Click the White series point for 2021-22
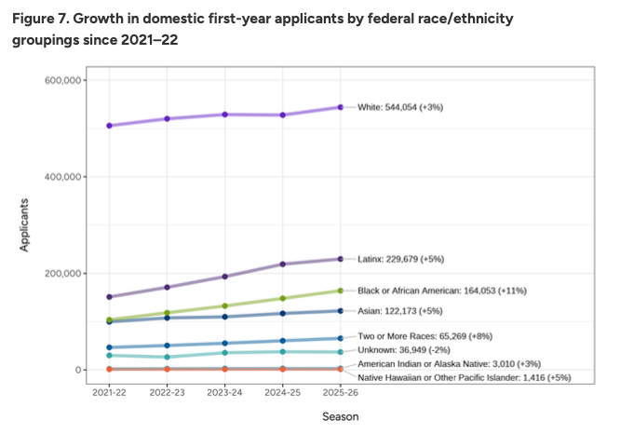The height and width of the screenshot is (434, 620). coord(110,126)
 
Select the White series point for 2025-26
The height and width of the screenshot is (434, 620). coord(341,107)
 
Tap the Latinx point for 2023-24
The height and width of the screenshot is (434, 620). coord(225,277)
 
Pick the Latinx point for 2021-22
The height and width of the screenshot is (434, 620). coord(110,297)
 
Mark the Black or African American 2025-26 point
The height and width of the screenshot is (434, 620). coord(341,291)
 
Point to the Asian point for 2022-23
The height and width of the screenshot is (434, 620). coord(168,319)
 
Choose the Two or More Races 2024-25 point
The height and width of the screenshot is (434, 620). coord(283,341)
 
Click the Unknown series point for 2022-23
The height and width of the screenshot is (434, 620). coord(168,358)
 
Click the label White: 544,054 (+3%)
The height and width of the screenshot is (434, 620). coord(400,108)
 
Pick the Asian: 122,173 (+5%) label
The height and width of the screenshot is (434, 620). coord(402,310)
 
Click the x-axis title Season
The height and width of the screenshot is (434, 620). coord(341,416)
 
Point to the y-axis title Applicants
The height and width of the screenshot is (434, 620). coord(26,224)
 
